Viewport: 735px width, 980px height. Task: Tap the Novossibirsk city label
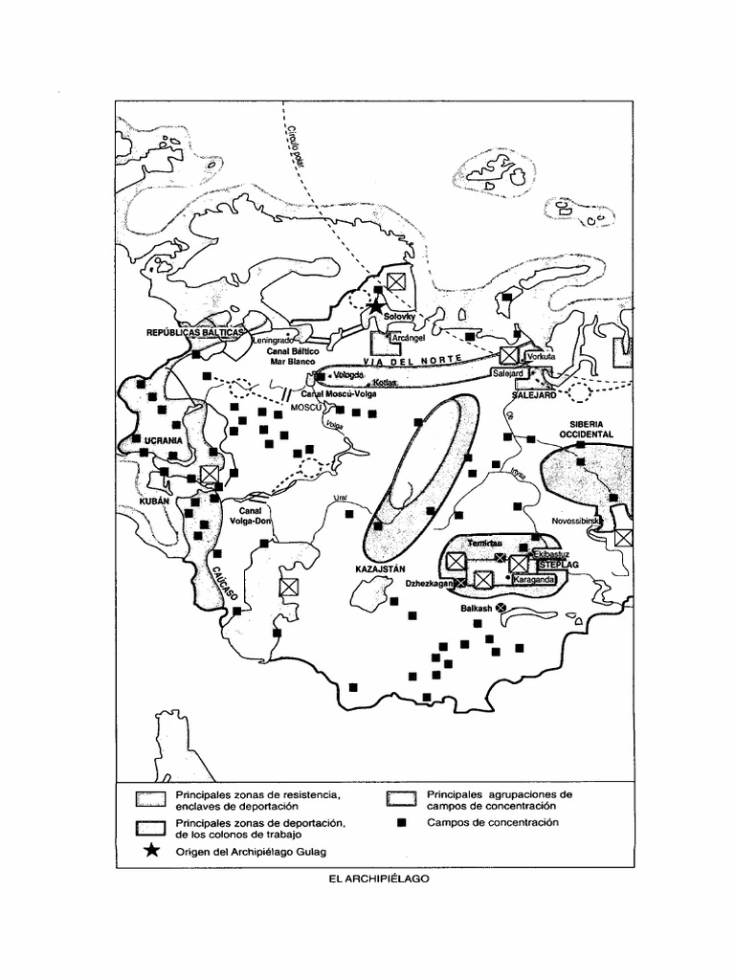click(x=575, y=522)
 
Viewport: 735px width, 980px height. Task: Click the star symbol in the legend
click(x=149, y=850)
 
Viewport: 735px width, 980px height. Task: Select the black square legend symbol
click(x=403, y=822)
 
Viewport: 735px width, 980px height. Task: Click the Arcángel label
click(x=408, y=338)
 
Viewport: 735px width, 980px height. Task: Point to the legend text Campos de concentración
click(x=492, y=822)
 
